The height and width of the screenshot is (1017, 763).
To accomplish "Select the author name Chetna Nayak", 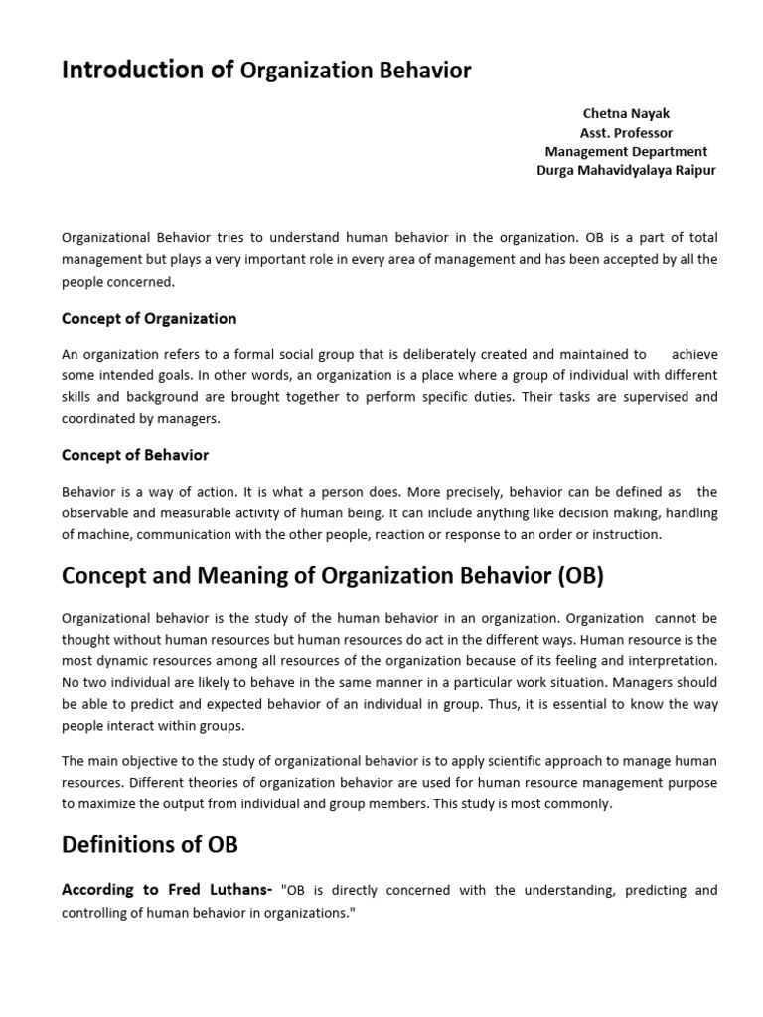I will click(x=626, y=114).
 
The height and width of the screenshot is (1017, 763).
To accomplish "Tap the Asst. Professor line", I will click(x=626, y=133).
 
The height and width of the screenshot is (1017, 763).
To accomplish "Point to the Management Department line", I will click(x=626, y=152).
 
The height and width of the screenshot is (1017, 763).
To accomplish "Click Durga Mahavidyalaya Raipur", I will click(x=626, y=171).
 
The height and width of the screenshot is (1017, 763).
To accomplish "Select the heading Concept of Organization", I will click(x=149, y=319).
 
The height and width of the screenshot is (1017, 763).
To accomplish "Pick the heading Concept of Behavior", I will click(x=135, y=455).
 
